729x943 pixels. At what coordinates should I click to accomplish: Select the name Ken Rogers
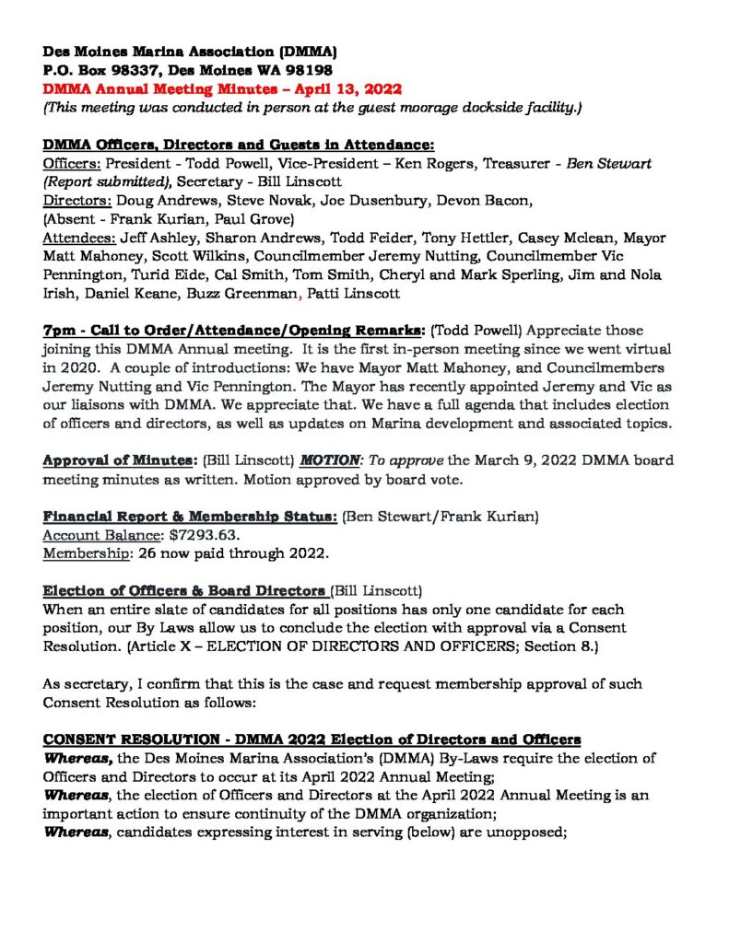[x=410, y=164]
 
